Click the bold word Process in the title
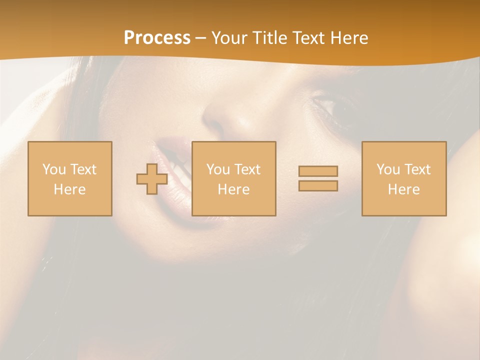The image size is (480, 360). [157, 38]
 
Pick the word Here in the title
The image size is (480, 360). [350, 38]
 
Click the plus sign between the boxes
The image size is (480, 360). [152, 179]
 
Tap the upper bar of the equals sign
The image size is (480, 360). [318, 171]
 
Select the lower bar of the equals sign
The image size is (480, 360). [318, 186]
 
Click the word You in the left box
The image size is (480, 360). [54, 169]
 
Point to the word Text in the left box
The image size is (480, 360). [83, 169]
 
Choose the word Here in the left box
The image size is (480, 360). [69, 189]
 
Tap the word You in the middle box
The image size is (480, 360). [218, 169]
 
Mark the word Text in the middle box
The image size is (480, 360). [247, 169]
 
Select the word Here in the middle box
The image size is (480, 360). [233, 189]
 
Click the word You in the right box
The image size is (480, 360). [388, 169]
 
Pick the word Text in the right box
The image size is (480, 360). [417, 169]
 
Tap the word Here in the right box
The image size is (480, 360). [403, 189]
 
